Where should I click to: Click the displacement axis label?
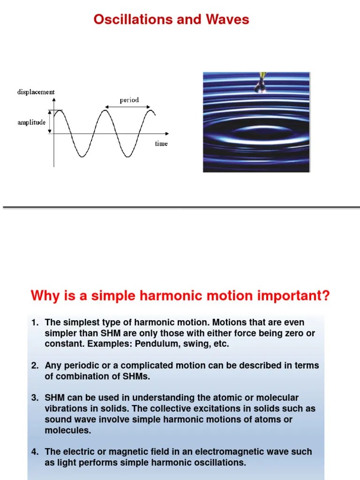[x=36, y=92]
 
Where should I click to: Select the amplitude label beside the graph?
[x=31, y=122]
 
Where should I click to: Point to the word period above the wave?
[x=129, y=100]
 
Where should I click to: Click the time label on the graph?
[x=161, y=143]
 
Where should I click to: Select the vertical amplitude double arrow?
[x=50, y=122]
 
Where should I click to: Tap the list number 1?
[x=35, y=323]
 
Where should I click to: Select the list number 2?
[x=35, y=366]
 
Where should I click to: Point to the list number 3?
[x=35, y=398]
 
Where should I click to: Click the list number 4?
[x=35, y=452]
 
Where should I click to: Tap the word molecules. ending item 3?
[x=67, y=430]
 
